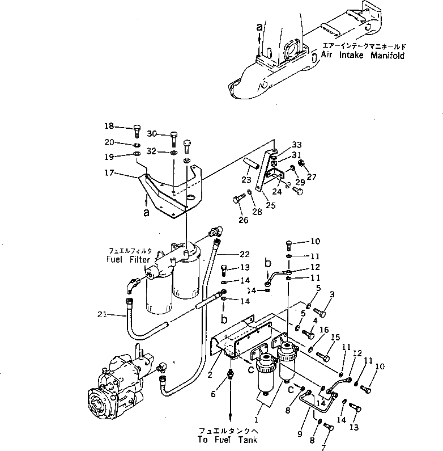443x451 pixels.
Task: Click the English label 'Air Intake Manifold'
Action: click(363, 56)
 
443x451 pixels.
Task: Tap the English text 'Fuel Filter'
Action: click(128, 259)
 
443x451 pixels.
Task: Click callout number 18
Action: click(109, 126)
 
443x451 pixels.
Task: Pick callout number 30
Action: click(151, 134)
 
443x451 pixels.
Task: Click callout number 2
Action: click(209, 374)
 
